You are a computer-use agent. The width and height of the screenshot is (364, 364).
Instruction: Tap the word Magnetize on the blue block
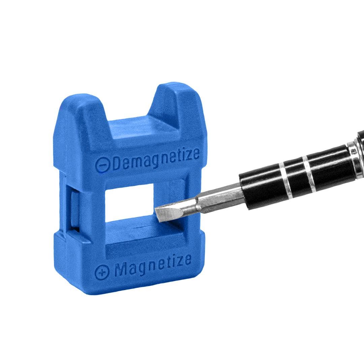pos(153,266)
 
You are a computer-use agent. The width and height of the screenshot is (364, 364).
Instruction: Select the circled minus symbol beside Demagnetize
pos(102,165)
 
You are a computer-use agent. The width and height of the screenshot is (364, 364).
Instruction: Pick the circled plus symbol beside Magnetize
pos(102,272)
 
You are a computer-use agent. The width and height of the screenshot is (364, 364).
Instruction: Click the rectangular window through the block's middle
pos(130,202)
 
